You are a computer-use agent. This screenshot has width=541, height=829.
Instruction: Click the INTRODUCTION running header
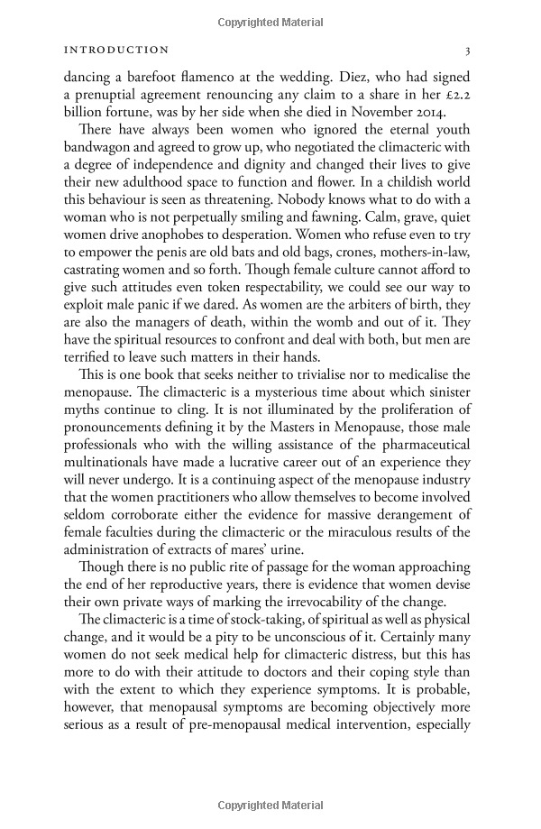[x=111, y=51]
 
